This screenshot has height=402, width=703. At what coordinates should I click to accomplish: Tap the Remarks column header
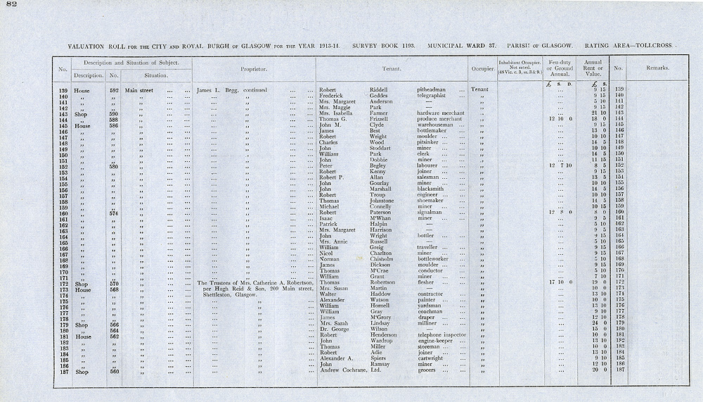[657, 69]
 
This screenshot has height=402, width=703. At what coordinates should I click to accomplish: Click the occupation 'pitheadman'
[434, 89]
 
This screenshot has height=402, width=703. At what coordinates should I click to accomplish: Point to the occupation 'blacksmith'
[432, 189]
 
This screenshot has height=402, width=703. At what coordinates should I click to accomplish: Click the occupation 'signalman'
[432, 212]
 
